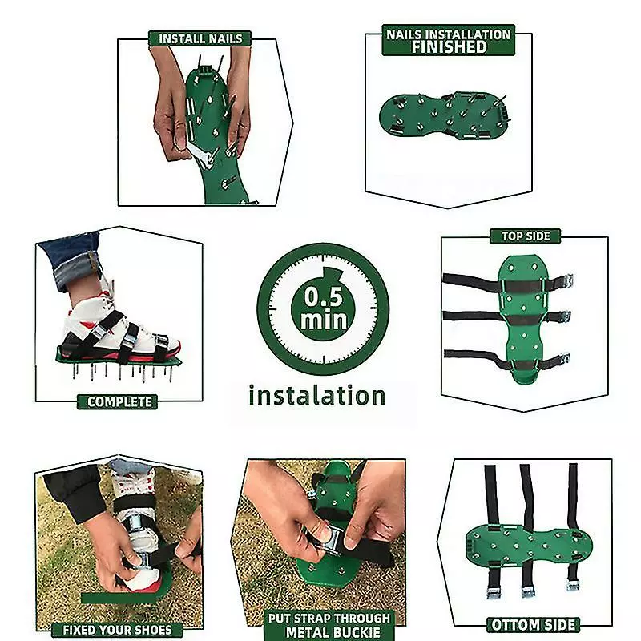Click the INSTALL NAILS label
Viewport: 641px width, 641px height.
pos(200,38)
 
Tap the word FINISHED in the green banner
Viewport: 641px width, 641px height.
pos(449,47)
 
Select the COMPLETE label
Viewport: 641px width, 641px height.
pos(119,402)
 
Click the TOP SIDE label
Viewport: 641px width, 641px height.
pos(526,236)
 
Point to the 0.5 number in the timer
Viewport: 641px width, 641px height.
pos(323,296)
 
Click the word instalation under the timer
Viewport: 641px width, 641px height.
pos(316,396)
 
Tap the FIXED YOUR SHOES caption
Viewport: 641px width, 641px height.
pos(117,630)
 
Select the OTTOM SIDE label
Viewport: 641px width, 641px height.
pos(533,625)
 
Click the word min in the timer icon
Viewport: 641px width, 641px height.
pos(324,319)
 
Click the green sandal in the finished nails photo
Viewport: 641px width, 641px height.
pos(445,115)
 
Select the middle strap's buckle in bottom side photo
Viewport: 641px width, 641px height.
pos(528,591)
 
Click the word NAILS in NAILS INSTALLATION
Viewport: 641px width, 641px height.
pos(403,34)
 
